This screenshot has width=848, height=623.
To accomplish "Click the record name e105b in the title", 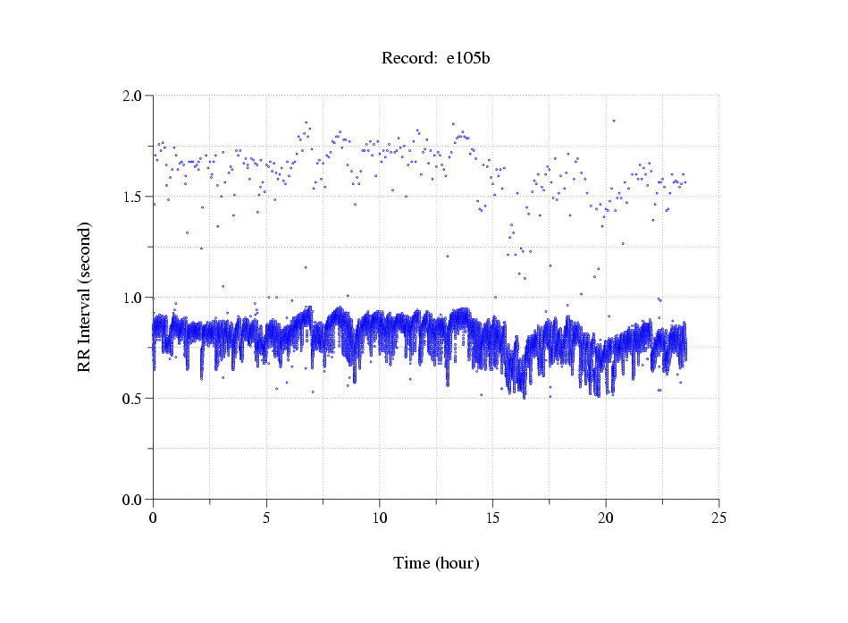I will [468, 59].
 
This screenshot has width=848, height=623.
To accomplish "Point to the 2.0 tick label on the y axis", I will [133, 96].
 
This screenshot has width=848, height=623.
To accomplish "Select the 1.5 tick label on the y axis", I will [133, 197].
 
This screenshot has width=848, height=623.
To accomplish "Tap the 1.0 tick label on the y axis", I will [133, 298].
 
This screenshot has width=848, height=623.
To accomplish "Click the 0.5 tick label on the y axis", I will [133, 399].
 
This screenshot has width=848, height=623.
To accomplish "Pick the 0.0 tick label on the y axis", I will [133, 500].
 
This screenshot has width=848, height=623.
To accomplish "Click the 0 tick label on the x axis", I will [154, 518].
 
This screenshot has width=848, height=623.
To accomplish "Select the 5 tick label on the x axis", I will [266, 518].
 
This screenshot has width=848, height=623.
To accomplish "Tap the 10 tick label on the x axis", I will [380, 518].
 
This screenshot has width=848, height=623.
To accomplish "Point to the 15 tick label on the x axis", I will [493, 518].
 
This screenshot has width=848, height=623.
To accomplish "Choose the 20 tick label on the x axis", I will [606, 518].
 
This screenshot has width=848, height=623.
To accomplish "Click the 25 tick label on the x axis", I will [719, 518].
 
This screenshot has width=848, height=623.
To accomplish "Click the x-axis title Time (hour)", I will [436, 564].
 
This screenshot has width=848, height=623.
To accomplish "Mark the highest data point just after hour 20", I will [614, 121].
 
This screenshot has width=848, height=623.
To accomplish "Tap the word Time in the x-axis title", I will [412, 564].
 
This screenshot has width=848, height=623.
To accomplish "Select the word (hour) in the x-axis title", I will [457, 564].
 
